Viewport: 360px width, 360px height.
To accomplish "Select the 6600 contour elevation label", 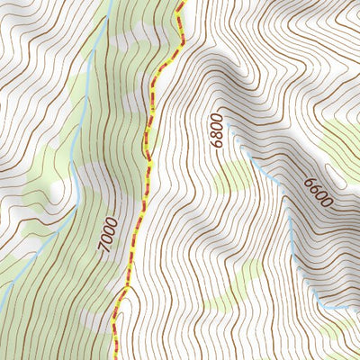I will pos(318,193).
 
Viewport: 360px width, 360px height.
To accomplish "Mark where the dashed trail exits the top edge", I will pos(182,1).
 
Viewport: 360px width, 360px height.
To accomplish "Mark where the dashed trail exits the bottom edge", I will pos(115,359).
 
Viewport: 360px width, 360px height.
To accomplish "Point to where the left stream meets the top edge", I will pos(111,1).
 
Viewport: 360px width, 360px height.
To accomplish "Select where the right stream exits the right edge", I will pos(359,306).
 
